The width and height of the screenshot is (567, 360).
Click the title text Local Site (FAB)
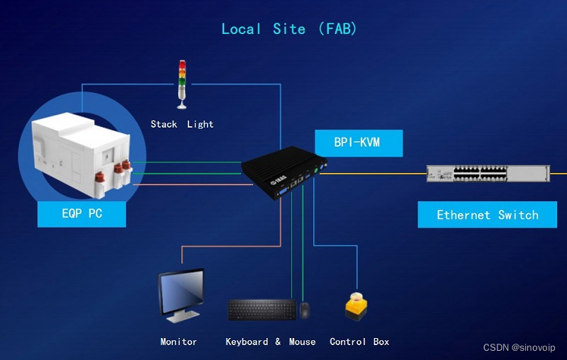coord(289,29)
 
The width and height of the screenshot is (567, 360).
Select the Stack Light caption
coord(181,124)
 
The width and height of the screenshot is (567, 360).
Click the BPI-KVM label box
coord(357,142)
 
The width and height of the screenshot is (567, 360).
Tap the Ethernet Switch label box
coord(487,215)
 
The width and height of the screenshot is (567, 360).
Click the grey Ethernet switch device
coord(488,174)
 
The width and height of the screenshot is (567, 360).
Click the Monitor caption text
coord(179,342)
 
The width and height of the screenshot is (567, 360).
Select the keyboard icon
coord(262,310)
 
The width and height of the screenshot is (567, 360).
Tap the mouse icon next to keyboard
coord(304,310)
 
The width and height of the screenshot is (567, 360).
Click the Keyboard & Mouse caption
coord(270,342)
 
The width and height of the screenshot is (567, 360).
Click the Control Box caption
coord(359,342)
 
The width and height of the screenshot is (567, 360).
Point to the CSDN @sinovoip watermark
coord(519,347)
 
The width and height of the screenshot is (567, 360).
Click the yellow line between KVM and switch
coord(372,173)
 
